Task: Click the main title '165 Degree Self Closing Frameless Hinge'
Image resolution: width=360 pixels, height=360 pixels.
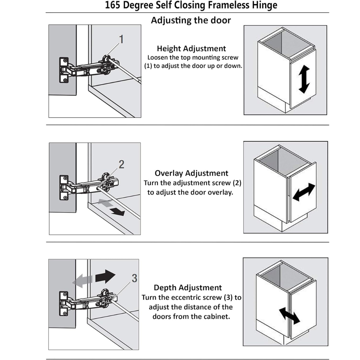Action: (191, 6)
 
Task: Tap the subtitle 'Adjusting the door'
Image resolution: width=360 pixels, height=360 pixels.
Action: (191, 20)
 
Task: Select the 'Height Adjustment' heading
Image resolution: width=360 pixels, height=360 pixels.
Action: (191, 49)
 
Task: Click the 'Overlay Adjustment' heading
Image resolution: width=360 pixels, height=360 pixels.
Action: (192, 173)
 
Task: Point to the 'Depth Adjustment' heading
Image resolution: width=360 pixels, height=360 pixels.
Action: (188, 288)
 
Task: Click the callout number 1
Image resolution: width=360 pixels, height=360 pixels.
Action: (122, 39)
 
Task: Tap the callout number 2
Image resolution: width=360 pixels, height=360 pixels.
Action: (122, 164)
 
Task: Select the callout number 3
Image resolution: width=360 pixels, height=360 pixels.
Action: (134, 278)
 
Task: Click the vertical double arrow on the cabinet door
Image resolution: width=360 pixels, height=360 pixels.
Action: (304, 79)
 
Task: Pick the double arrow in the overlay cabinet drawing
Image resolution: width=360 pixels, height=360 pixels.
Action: (304, 192)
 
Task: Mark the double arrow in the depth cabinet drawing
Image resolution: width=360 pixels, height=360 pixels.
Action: (289, 315)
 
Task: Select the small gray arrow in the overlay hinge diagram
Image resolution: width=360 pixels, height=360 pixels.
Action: (106, 204)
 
